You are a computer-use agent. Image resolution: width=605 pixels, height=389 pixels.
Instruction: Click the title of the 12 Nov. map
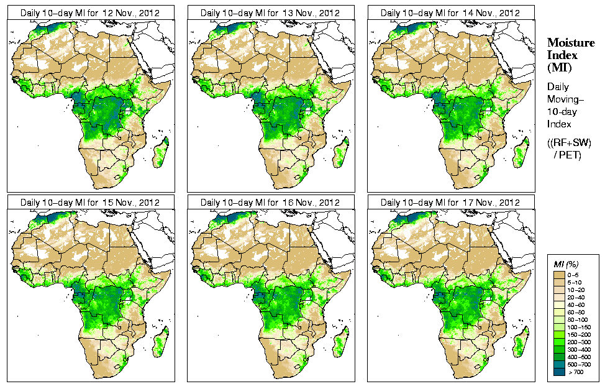coord(90,12)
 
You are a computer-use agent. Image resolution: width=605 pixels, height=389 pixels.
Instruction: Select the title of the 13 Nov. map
coord(270,12)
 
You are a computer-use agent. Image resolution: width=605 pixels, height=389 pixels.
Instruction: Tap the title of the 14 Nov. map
coord(450,12)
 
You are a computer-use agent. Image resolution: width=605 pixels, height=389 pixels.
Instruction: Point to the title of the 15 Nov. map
coord(90,203)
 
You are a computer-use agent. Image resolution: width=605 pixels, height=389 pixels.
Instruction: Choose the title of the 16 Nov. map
coord(270,203)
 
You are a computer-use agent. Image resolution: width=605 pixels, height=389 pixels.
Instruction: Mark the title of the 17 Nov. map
coord(450,203)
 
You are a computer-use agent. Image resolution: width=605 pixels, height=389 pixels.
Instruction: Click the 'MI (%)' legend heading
coord(565,265)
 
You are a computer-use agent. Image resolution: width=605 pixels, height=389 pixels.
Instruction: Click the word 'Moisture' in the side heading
coord(570,42)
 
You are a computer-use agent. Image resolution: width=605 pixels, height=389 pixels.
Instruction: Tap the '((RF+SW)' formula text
coord(570,144)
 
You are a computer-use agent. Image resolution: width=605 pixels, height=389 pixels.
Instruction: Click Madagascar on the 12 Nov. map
coord(160,154)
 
